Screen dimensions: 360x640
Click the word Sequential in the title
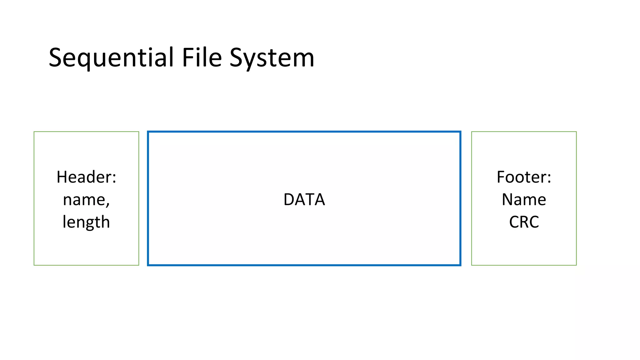tap(111, 58)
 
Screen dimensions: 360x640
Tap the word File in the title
tap(202, 58)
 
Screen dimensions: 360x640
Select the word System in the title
tap(272, 58)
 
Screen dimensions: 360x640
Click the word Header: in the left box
tap(86, 177)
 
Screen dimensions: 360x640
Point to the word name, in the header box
tap(86, 200)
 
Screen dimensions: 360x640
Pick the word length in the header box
tap(86, 222)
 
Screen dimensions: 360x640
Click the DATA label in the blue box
tap(304, 199)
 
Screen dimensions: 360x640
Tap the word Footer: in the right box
tap(524, 177)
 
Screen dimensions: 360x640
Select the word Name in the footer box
tap(524, 199)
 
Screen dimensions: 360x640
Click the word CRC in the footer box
tap(524, 222)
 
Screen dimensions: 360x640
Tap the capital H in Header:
tap(62, 177)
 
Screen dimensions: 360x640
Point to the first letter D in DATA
tap(289, 199)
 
